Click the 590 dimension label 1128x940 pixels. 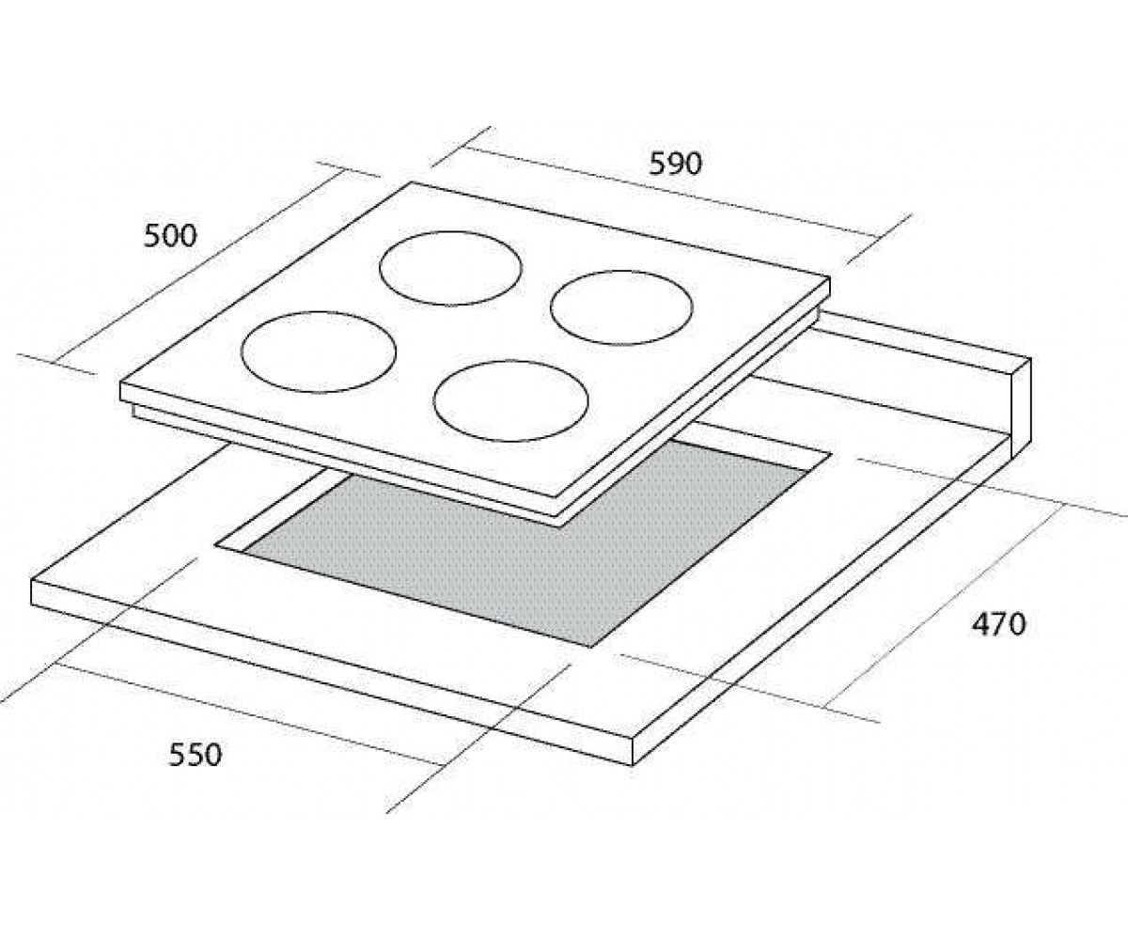pyautogui.click(x=675, y=164)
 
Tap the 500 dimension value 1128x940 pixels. pyautogui.click(x=170, y=237)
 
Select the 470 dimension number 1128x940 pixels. pyautogui.click(x=998, y=625)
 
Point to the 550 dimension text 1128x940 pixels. pyautogui.click(x=196, y=755)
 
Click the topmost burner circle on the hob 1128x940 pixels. pyautogui.click(x=451, y=232)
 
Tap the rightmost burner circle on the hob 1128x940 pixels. pyautogui.click(x=621, y=272)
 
